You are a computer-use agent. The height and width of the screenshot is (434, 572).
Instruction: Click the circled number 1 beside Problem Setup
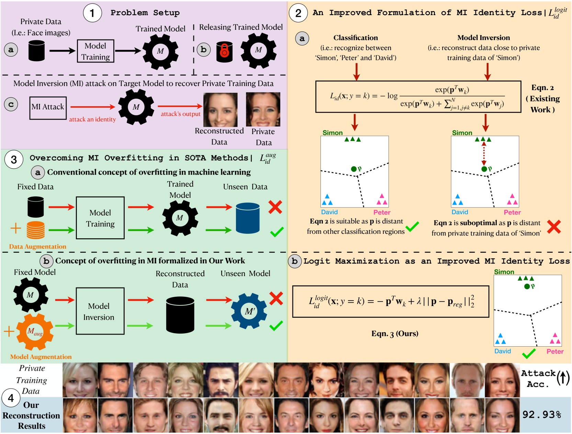[x=92, y=13]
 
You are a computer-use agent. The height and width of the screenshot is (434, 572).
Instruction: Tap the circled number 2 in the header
[x=298, y=13]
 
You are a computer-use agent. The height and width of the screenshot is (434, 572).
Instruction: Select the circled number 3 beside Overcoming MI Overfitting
[x=14, y=159]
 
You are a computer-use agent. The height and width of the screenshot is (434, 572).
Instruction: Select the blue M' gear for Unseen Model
[x=249, y=311]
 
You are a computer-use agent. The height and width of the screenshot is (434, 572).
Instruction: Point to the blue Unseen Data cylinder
[x=248, y=218]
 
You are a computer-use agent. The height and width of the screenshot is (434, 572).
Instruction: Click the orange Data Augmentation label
[x=37, y=247]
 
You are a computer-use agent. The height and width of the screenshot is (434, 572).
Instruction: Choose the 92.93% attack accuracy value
[x=541, y=414]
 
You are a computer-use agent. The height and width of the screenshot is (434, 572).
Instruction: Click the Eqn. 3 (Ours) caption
[x=395, y=334]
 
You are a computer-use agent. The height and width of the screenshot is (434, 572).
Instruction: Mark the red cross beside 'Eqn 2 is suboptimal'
[x=554, y=227]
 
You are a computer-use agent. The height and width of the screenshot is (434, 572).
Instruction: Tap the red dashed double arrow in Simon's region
[x=484, y=154]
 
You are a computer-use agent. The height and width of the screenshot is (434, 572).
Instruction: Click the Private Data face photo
[x=263, y=109]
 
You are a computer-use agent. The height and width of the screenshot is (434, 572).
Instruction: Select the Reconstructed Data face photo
[x=220, y=110]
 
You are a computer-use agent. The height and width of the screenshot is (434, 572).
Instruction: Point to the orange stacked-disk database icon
[x=36, y=230]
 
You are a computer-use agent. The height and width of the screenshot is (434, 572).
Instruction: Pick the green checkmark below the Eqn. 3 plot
[x=529, y=353]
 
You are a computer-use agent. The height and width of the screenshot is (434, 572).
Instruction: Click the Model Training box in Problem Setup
[x=96, y=51]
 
